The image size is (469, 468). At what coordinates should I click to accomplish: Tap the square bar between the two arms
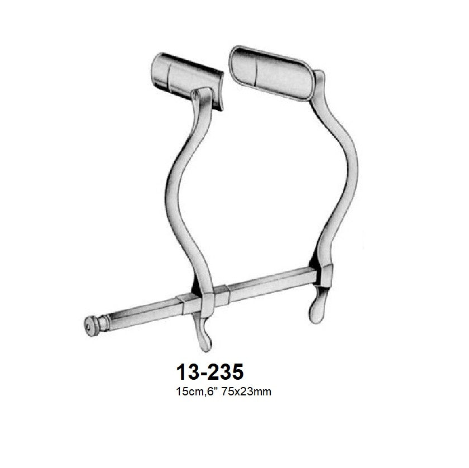[x=262, y=286]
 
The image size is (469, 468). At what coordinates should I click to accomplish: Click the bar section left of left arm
[x=140, y=313]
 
